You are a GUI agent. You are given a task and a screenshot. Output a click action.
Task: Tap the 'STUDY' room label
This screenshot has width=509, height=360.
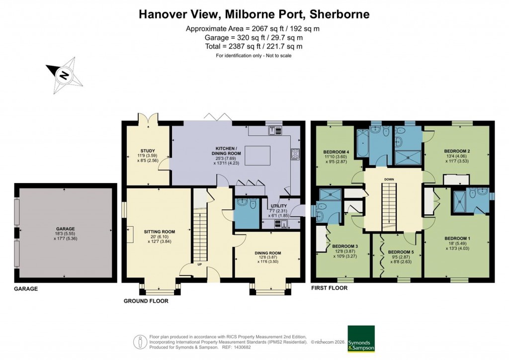(148, 151)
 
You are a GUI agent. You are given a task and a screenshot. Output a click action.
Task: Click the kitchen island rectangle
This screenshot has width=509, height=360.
(258, 155)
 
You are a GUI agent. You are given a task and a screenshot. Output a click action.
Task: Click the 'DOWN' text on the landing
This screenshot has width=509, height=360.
(389, 180)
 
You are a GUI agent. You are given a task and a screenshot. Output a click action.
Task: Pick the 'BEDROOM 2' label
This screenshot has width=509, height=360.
(457, 151)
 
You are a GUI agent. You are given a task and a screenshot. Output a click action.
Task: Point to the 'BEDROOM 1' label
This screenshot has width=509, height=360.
(457, 239)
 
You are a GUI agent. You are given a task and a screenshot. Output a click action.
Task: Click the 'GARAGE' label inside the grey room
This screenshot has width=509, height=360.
(65, 229)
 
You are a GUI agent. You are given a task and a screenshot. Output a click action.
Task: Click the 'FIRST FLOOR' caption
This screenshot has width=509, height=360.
(329, 288)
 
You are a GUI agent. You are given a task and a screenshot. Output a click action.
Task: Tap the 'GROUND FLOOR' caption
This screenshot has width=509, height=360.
(145, 301)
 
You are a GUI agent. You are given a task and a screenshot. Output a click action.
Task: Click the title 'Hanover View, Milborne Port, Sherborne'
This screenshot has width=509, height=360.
(254, 14)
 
